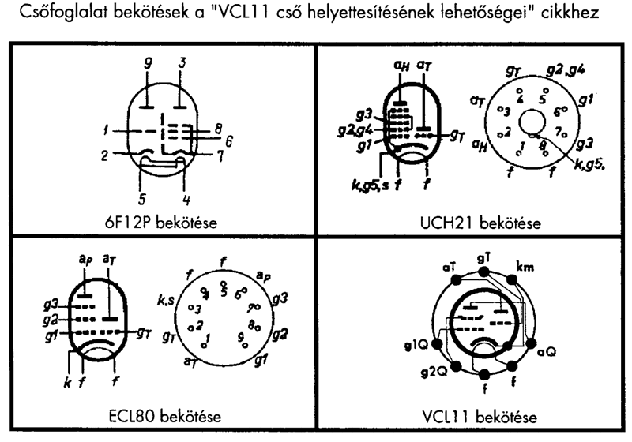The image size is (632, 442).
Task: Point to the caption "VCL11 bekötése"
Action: [477, 415]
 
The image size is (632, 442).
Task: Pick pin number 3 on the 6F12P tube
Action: [182, 62]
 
